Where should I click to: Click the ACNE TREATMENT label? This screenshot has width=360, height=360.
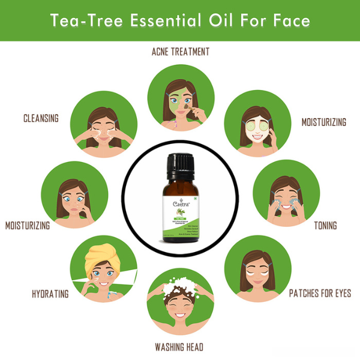tap(180, 52)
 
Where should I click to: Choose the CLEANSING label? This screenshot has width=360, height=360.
tap(41, 118)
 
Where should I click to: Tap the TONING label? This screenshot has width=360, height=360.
tap(325, 226)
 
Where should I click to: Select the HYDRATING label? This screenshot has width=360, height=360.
tap(50, 294)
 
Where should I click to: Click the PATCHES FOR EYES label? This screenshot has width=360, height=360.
tap(320, 293)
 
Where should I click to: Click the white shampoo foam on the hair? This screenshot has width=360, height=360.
tap(180, 286)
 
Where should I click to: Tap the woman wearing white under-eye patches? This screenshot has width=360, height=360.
tap(256, 269)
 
